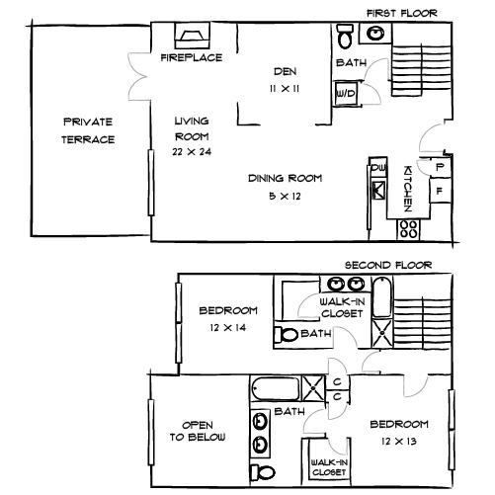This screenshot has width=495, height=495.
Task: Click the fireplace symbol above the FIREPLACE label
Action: click(x=190, y=38)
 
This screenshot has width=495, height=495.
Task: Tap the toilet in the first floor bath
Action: click(x=345, y=38)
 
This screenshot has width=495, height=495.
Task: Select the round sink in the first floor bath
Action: click(x=376, y=35)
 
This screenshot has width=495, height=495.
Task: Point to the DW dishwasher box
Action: click(x=377, y=169)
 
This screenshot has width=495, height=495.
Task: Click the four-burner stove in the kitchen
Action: click(x=407, y=229)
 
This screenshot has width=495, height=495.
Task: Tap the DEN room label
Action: click(x=286, y=72)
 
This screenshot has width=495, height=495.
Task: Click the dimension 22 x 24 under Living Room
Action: click(x=193, y=153)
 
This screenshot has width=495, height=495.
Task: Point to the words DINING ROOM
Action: click(x=286, y=179)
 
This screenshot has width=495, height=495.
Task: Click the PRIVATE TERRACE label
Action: click(x=89, y=130)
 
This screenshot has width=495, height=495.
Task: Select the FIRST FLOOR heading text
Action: click(x=401, y=13)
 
